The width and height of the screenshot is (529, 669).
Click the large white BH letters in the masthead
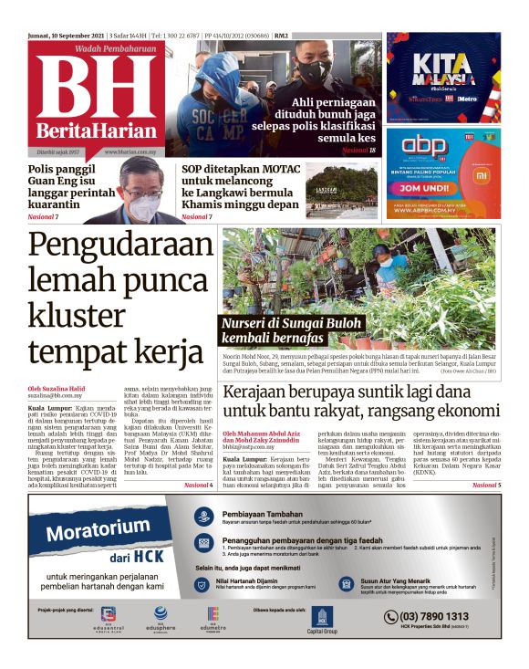[97, 88]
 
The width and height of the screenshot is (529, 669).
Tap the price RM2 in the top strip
[282, 36]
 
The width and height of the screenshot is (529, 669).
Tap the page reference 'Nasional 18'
[359, 149]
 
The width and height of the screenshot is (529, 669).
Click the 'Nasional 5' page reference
[487, 486]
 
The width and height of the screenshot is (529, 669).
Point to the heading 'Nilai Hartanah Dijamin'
[253, 580]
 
